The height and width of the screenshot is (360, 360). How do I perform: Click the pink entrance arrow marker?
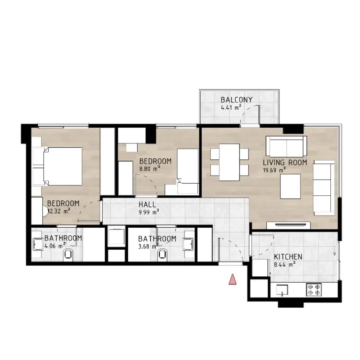tap(233, 279)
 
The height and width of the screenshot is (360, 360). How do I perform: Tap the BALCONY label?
tap(237, 100)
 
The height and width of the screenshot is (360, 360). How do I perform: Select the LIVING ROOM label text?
tap(285, 162)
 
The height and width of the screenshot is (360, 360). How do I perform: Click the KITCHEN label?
tap(288, 256)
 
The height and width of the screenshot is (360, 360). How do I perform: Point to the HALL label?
tap(147, 204)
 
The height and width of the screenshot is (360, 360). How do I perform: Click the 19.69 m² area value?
tap(274, 171)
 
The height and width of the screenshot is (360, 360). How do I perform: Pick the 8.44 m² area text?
tap(284, 265)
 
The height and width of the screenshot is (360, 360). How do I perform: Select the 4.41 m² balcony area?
tap(231, 107)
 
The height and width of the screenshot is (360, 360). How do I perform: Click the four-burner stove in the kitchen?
tap(314, 290)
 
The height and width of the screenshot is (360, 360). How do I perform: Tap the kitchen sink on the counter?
tap(282, 290)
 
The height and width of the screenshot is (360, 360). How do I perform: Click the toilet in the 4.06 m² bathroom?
tap(68, 255)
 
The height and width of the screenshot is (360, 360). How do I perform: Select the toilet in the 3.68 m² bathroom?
tap(162, 255)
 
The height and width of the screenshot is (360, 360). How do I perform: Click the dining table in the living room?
tap(229, 162)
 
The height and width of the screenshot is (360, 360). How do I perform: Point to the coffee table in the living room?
tap(290, 186)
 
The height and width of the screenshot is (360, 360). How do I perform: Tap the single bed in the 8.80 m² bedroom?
tap(188, 171)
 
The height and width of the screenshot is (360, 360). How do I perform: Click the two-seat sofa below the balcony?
tap(286, 147)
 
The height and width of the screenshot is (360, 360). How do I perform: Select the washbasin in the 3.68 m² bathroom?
tap(189, 244)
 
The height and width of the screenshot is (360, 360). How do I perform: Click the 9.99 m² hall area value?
tap(149, 212)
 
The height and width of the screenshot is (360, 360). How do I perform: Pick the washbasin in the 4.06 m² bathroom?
tap(38, 244)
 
